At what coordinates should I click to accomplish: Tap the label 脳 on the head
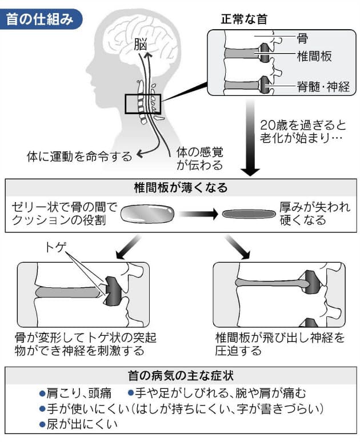point(140,44)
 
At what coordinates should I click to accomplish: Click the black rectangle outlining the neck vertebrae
point(143,104)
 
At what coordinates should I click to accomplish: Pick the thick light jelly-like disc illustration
point(147,213)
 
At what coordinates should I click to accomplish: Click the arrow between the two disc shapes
point(197,214)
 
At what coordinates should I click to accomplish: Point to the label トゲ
point(56,248)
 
